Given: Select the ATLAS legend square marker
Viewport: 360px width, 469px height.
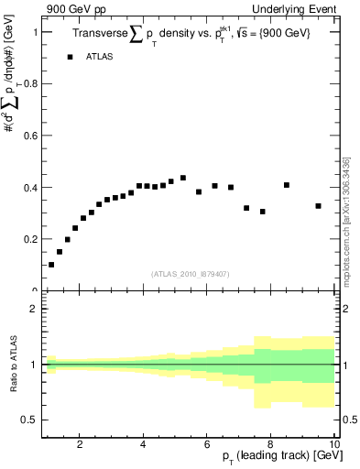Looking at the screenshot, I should (70, 57).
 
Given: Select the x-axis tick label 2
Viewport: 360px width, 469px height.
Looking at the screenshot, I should (80, 445).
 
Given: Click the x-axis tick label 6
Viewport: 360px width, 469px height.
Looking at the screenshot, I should (207, 445).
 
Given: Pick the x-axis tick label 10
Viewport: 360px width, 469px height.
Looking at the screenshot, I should (333, 445).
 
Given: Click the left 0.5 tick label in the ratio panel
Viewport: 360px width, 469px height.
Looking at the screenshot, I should (27, 420).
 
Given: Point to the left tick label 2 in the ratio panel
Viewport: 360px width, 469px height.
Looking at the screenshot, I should (33, 309).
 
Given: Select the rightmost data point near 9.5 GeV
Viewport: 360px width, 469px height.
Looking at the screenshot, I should (318, 206).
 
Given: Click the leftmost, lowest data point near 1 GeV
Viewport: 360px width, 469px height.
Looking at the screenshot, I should (51, 265).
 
